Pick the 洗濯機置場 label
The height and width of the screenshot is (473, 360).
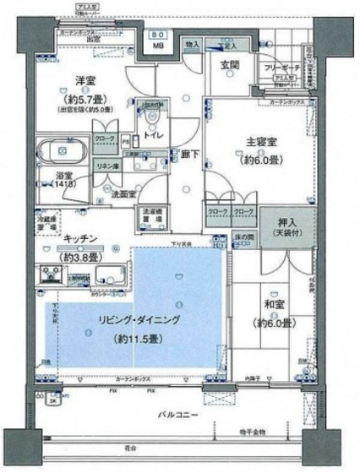pyautogui.click(x=150, y=215)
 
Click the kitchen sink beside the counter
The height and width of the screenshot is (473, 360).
pyautogui.click(x=109, y=272)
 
